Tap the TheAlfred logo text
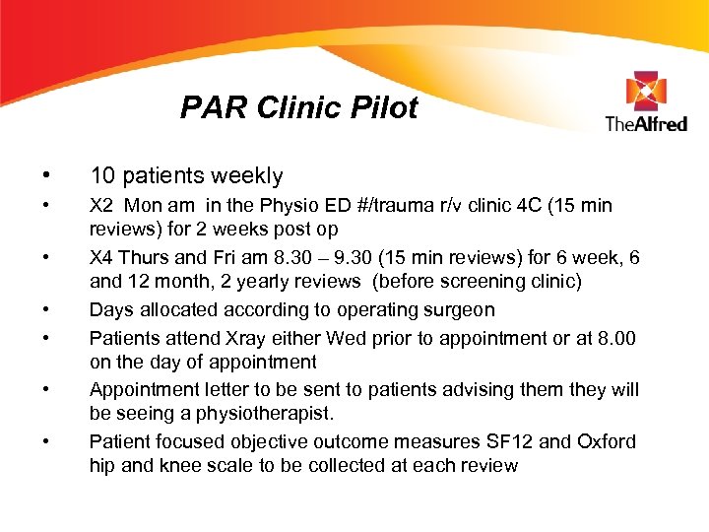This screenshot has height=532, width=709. pos(645,124)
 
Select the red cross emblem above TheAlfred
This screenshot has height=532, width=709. pos(646,92)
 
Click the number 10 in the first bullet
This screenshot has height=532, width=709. pos(101,176)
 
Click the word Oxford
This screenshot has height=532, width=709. pos(602,441)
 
